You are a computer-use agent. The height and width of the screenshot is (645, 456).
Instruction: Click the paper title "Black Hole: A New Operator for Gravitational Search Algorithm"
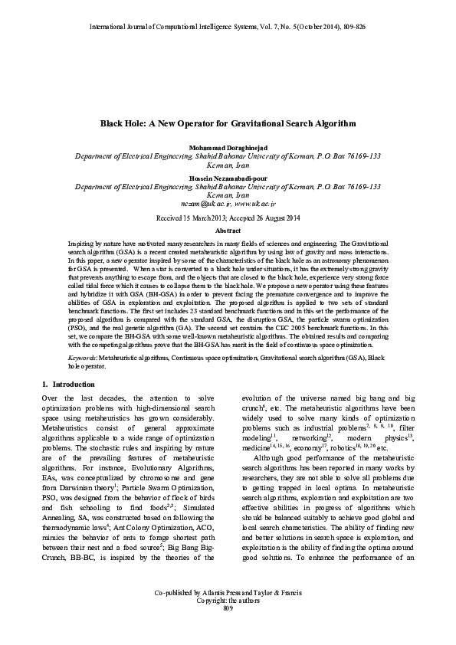pyautogui.click(x=228, y=123)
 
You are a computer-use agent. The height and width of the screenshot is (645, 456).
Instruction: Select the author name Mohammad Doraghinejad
pyautogui.click(x=228, y=146)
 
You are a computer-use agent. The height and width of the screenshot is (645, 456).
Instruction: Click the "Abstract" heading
pyautogui.click(x=228, y=230)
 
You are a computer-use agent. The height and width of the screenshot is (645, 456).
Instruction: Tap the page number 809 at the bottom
pyautogui.click(x=228, y=630)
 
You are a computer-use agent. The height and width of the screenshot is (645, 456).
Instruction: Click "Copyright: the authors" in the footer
pyautogui.click(x=228, y=622)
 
